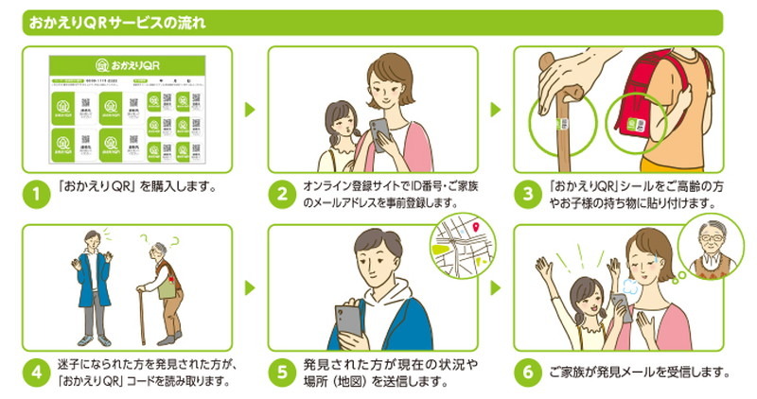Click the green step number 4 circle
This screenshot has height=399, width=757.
36,373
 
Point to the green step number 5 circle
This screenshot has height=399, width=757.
282,373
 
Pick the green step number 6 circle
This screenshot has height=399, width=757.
527,373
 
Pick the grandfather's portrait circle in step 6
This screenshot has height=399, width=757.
709,250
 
